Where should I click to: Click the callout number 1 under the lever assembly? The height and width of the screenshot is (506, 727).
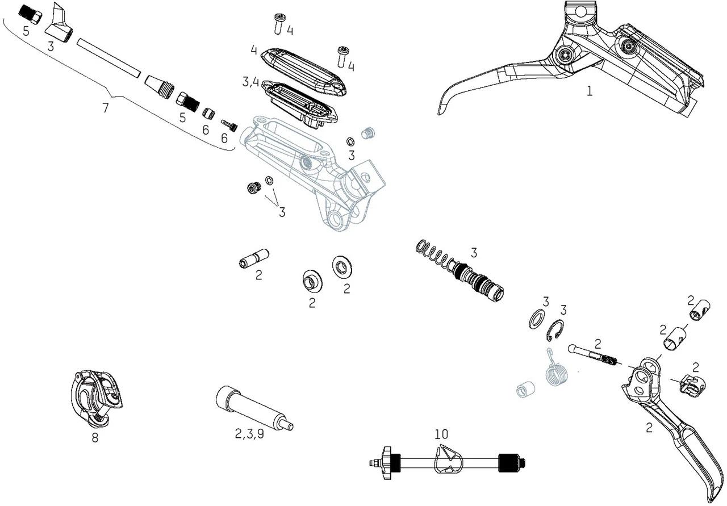coord(590,91)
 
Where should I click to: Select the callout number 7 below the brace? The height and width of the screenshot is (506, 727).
coord(106,108)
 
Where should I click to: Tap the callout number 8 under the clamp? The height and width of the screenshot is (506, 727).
coord(95,438)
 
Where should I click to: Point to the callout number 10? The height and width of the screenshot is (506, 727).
coord(441,434)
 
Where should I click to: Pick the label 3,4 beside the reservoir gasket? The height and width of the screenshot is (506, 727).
coord(250,83)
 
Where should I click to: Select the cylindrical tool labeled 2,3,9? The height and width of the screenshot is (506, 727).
coord(252,408)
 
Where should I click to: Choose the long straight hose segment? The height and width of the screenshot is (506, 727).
coord(108,57)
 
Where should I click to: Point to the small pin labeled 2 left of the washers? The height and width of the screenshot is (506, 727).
coord(253,259)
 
